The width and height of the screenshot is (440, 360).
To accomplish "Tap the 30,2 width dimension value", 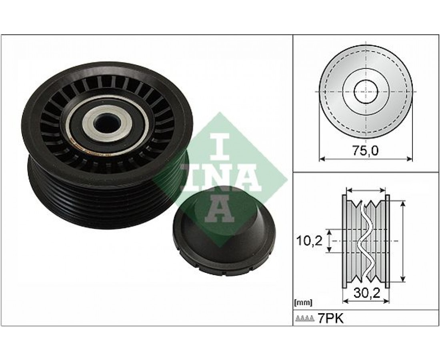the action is (367, 293).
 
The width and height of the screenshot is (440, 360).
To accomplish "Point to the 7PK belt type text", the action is (330, 318).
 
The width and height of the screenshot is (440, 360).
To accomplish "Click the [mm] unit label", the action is (303, 303).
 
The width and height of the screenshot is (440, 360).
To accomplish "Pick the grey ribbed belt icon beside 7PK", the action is (305, 318).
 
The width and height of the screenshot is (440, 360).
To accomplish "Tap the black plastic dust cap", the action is (223, 230).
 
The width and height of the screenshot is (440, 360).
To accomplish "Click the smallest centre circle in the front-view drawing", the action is (366, 91).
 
